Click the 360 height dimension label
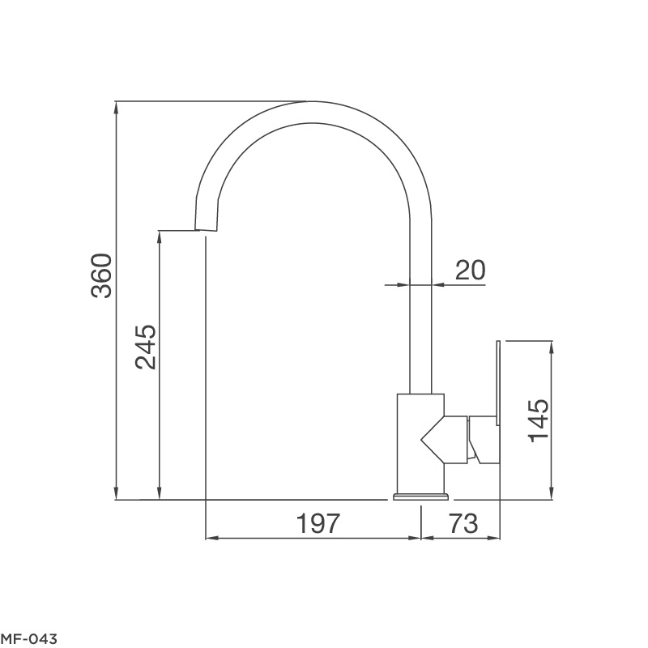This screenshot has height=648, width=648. (x=102, y=276)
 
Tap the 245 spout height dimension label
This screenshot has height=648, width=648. (x=146, y=347)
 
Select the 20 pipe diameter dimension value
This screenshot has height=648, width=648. (x=470, y=270)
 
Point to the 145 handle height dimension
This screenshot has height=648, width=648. (x=539, y=420)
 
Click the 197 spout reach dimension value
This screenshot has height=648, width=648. (x=315, y=523)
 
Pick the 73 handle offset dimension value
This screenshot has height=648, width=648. (x=462, y=523)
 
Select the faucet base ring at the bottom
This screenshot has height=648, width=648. (x=420, y=496)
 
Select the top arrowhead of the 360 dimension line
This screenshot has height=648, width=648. (x=117, y=105)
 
